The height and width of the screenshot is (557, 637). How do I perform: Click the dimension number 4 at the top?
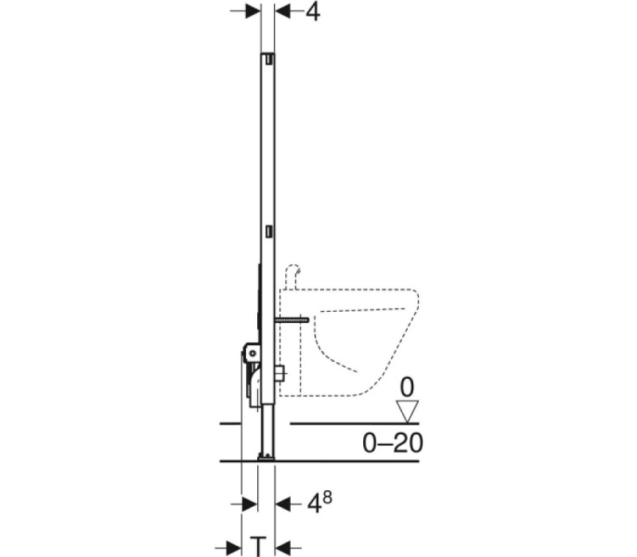pyautogui.click(x=312, y=12)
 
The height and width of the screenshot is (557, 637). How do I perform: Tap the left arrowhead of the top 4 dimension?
pyautogui.click(x=252, y=11)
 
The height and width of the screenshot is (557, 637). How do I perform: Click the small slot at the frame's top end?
pyautogui.click(x=269, y=60)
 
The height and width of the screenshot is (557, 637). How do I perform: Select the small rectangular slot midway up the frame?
pyautogui.click(x=269, y=232)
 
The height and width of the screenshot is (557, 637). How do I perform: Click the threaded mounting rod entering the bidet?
pyautogui.click(x=291, y=321)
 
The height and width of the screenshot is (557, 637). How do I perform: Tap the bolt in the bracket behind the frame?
pyautogui.click(x=253, y=353)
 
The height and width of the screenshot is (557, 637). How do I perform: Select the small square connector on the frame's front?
pyautogui.click(x=279, y=373)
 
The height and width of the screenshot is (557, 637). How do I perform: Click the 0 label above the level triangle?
pyautogui.click(x=407, y=388)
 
